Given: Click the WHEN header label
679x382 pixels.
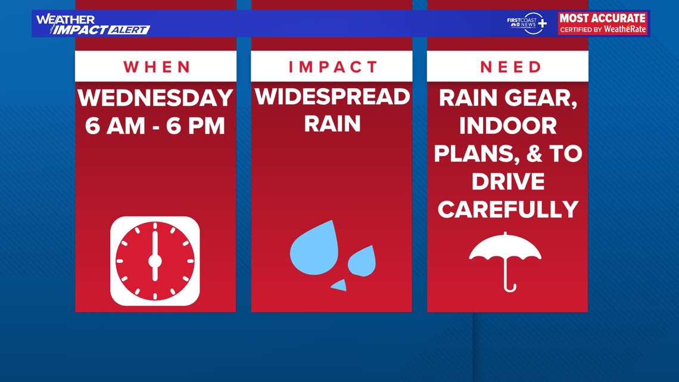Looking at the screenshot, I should (x=155, y=67).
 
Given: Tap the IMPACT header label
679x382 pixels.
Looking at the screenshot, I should (x=333, y=67).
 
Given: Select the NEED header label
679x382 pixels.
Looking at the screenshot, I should (x=510, y=67).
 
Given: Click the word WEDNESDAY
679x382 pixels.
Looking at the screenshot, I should (x=155, y=98).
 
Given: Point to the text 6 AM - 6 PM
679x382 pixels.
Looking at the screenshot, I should (x=155, y=126).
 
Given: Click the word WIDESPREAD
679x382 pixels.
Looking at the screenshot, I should (x=332, y=97).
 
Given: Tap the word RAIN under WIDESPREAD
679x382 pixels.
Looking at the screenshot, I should (x=332, y=124).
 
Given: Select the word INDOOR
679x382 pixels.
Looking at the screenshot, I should (x=508, y=126).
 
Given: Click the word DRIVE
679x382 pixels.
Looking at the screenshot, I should (x=508, y=182).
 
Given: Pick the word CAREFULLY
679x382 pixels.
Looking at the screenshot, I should (x=508, y=209).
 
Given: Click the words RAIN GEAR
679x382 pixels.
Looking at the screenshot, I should (x=508, y=98).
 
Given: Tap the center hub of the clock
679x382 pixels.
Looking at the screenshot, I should (x=155, y=261).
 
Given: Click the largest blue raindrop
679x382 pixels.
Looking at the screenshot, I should (x=314, y=246).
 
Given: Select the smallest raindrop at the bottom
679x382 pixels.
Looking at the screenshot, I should (x=339, y=285).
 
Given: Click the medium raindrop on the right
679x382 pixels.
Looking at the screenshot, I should (x=362, y=260).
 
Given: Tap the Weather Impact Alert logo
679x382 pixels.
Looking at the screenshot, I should (x=92, y=24).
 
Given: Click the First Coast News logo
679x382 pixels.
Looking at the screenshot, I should (x=526, y=23).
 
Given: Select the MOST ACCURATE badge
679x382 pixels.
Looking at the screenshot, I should (x=603, y=23).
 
